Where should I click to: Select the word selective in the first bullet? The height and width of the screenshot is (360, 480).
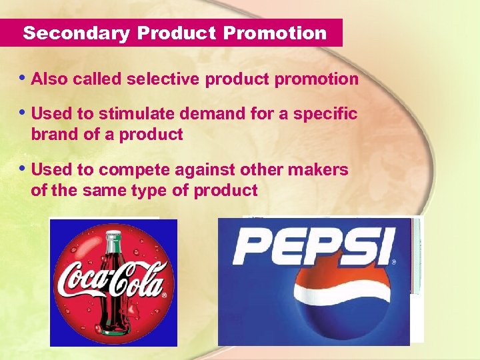pos(163,79)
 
